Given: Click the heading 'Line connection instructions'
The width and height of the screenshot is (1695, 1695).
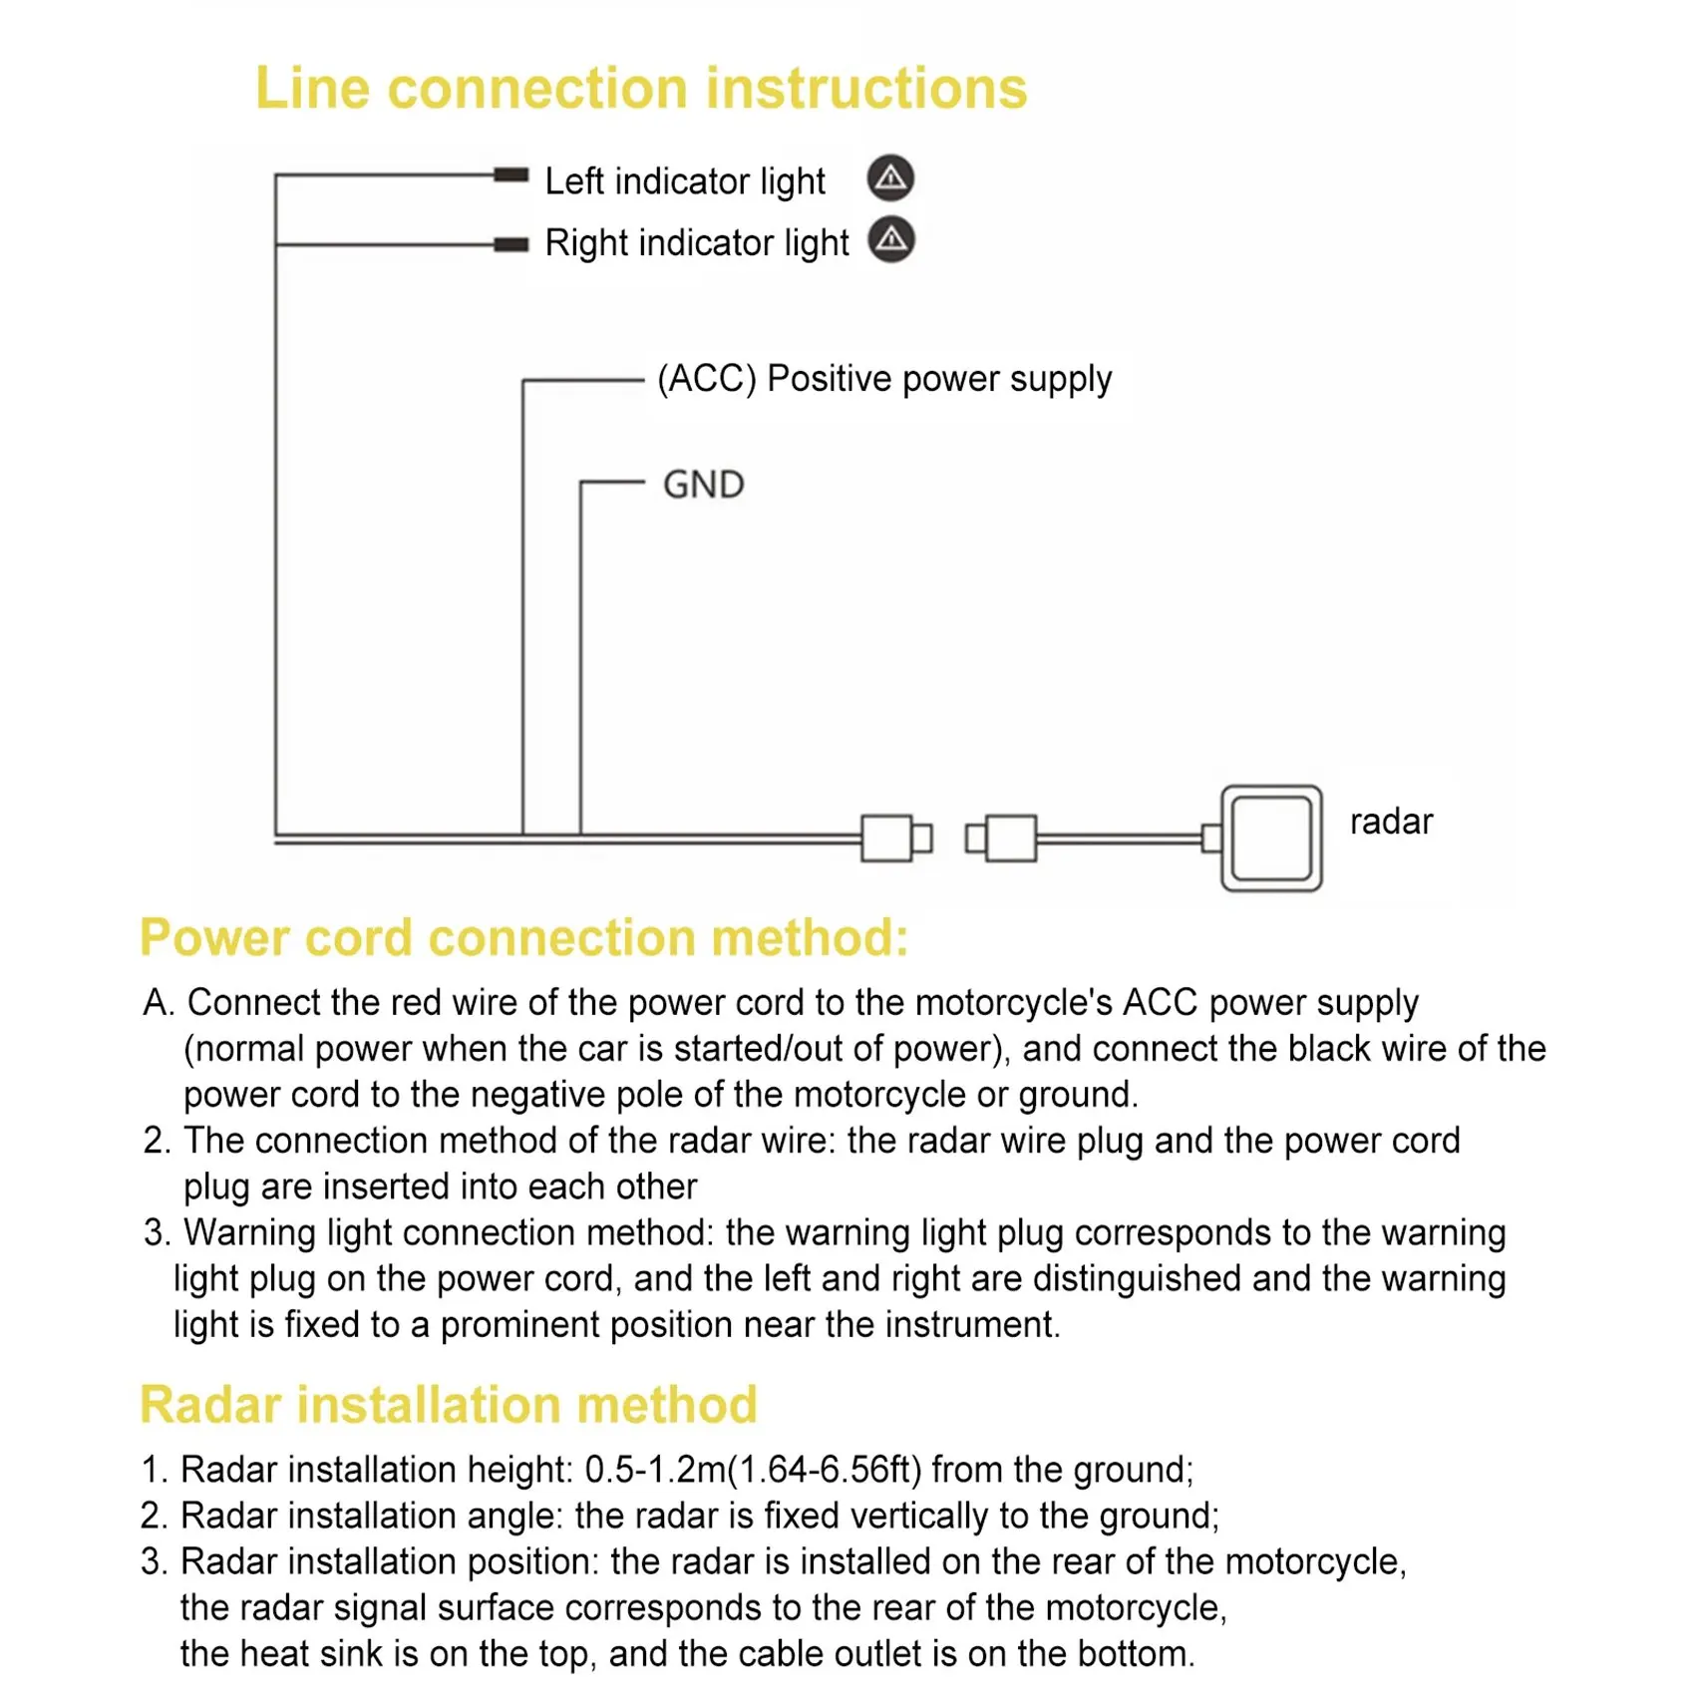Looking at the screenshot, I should click(x=641, y=88).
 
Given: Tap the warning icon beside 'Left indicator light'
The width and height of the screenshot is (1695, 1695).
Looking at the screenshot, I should click(x=890, y=178).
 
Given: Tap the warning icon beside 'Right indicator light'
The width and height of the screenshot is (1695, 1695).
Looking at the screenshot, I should click(x=891, y=240).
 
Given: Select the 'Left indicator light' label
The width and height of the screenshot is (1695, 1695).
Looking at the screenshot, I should click(x=685, y=181).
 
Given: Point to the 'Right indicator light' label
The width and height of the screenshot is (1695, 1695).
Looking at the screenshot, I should click(x=697, y=243).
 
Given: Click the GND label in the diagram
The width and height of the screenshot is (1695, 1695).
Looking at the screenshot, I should click(x=704, y=485).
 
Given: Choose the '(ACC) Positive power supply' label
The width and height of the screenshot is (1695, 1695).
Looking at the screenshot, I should click(x=884, y=379).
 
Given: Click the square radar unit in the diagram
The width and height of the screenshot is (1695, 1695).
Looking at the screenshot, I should click(x=1271, y=838).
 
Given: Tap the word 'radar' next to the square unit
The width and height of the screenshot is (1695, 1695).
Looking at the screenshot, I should click(x=1391, y=822).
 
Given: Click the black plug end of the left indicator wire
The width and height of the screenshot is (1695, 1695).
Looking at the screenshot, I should click(x=511, y=175).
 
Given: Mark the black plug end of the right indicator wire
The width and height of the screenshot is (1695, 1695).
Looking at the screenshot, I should click(x=511, y=244).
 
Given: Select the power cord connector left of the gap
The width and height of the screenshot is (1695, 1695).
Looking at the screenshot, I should click(x=895, y=838).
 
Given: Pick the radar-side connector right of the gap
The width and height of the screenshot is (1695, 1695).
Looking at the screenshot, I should click(x=1002, y=838).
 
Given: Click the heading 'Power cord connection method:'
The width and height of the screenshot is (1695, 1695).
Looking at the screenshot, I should click(x=524, y=938).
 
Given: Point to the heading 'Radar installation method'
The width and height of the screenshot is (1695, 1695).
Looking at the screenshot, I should click(x=449, y=1405).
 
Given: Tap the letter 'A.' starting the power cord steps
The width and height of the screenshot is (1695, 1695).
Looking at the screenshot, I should click(x=159, y=1003).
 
